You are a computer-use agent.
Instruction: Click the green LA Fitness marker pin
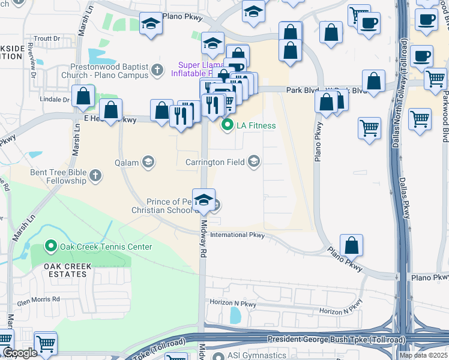click(x=228, y=125)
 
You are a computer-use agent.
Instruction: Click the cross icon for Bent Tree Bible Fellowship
click(x=95, y=176)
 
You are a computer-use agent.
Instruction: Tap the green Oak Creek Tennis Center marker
click(x=51, y=247)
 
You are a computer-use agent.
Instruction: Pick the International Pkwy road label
click(x=237, y=235)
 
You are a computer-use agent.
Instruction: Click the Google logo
click(x=19, y=353)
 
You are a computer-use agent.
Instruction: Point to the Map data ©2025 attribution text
click(x=424, y=355)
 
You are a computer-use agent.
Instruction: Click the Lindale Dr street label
click(x=55, y=99)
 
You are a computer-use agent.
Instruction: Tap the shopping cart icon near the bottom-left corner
click(x=46, y=343)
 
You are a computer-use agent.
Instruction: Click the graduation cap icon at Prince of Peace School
click(x=204, y=200)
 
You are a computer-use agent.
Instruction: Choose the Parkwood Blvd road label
click(x=445, y=117)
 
